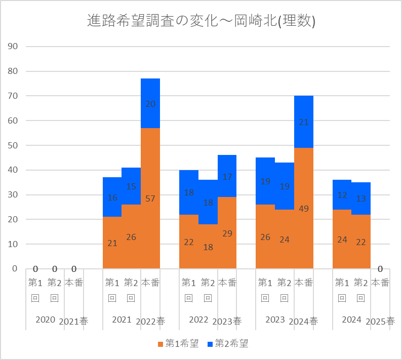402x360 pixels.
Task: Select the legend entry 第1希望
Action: pos(177,344)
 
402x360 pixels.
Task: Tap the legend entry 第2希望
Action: pos(227,344)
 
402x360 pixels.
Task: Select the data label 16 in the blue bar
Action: pos(112,197)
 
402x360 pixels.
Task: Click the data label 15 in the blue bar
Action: pos(131,186)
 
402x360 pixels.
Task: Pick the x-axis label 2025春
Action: pos(380,321)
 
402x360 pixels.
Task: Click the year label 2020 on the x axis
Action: pos(45,319)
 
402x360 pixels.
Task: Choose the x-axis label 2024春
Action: pos(304,321)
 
